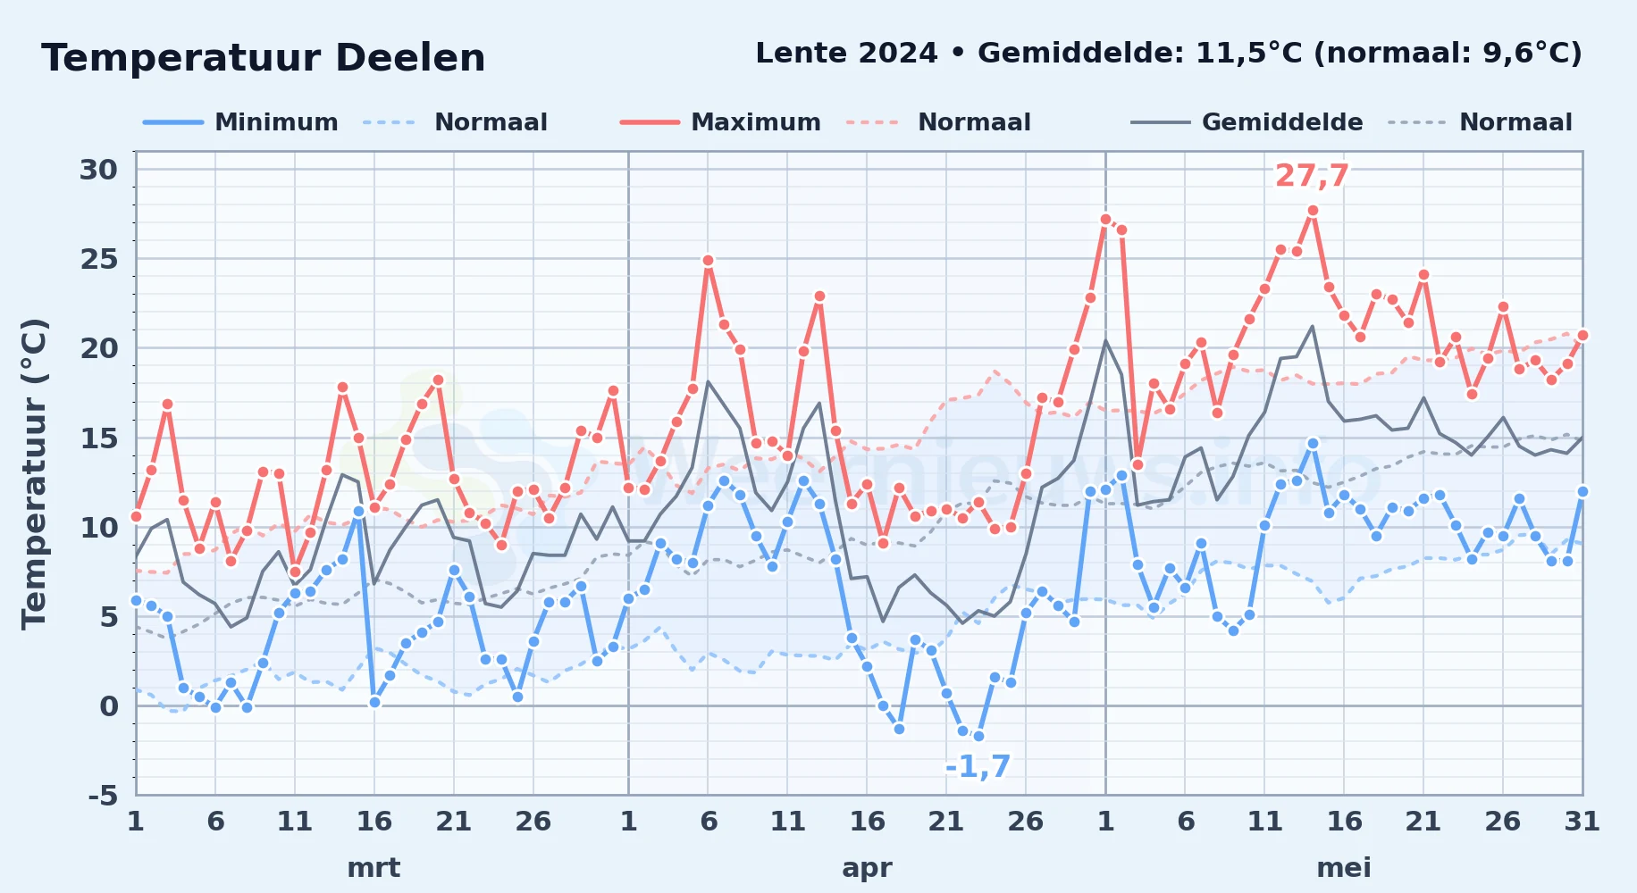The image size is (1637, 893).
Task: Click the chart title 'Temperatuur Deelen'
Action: [264, 58]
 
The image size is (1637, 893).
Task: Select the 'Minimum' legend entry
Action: [240, 122]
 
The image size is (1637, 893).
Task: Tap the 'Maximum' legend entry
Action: [720, 122]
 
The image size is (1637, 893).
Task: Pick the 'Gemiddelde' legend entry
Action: [1247, 122]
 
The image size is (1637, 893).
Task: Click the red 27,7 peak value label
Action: [1312, 176]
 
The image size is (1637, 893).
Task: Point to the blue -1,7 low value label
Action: [978, 766]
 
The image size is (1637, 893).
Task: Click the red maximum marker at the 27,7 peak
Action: [1313, 211]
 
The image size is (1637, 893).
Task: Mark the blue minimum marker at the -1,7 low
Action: [978, 737]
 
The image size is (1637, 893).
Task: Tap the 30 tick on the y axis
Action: [99, 170]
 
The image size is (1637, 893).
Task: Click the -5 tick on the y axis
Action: [104, 795]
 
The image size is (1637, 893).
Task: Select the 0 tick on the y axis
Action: [109, 706]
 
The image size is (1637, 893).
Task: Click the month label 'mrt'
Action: [374, 868]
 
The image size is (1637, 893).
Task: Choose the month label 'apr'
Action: [867, 868]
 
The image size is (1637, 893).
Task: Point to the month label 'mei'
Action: [1344, 868]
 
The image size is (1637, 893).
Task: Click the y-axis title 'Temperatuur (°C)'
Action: [34, 473]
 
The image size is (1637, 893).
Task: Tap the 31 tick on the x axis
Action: [1582, 822]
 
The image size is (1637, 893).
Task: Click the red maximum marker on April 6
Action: [708, 261]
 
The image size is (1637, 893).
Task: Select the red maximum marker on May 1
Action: [1106, 219]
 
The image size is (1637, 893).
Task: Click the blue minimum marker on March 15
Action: [358, 512]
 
